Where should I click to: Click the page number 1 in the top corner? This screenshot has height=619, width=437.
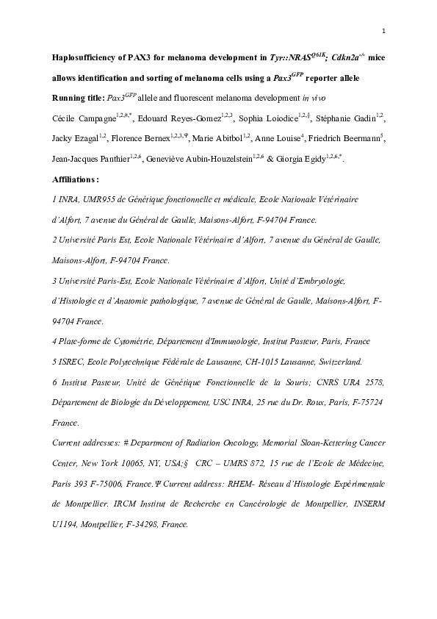383,30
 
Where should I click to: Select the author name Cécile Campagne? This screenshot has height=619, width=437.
84,118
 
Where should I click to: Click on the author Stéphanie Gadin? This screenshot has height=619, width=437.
344,118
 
